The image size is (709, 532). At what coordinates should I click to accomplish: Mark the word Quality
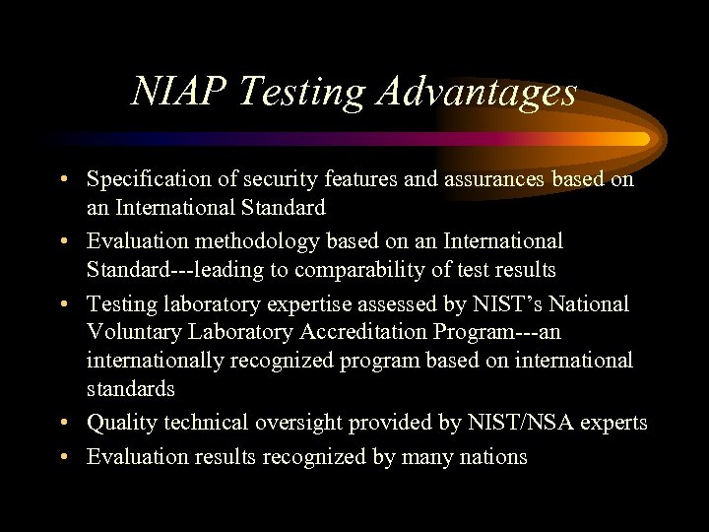click(117, 424)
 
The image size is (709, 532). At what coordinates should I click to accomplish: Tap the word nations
click(492, 457)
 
